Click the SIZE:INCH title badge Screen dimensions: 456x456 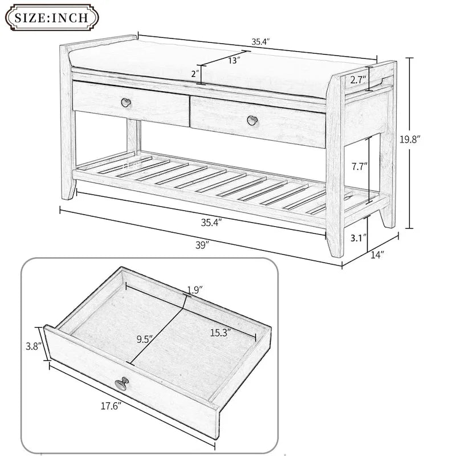coord(52,18)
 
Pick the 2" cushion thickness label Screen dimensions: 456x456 coord(195,74)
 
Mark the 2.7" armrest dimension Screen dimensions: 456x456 coord(358,79)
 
